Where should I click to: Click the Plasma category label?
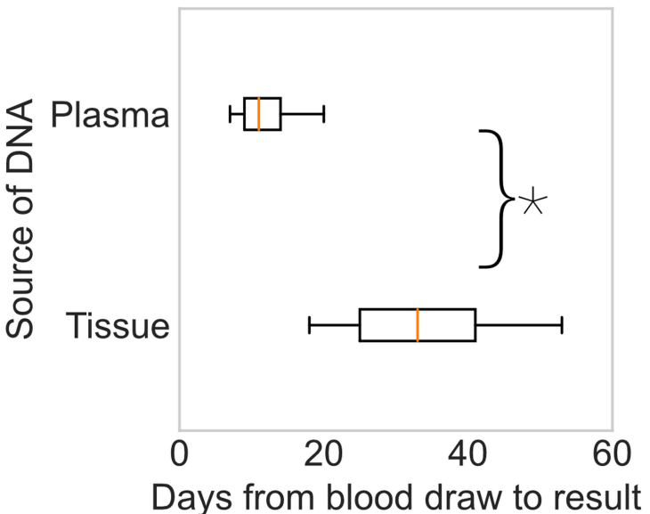point(110,115)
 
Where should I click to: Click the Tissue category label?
point(117,326)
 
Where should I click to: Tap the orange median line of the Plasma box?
point(259,114)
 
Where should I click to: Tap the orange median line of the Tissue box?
point(418,325)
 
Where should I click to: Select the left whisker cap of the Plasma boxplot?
point(230,114)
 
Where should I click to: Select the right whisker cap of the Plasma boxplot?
point(323,114)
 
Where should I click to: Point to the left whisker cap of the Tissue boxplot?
point(310,325)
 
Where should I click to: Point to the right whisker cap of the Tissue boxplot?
point(562,325)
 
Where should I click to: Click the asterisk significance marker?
point(532,201)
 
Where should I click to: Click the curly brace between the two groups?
point(499,198)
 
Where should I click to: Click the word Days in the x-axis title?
point(184,495)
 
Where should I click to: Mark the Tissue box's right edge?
point(475,325)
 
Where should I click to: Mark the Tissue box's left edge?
point(360,325)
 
